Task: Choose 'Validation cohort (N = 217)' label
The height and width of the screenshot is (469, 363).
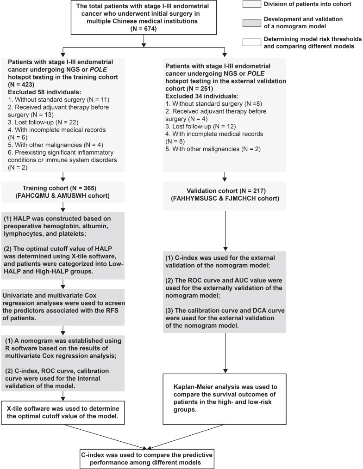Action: (224, 190)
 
